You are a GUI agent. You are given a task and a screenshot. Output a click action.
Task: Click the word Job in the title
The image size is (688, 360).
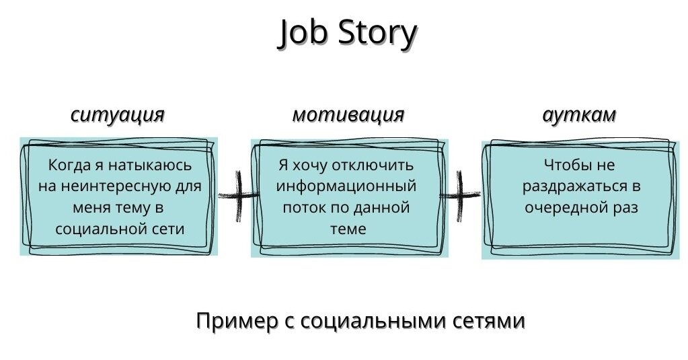coord(303,32)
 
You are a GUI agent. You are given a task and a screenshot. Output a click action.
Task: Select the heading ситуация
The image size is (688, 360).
coord(118,114)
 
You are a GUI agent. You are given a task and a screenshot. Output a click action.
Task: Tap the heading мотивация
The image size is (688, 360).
coord(348,114)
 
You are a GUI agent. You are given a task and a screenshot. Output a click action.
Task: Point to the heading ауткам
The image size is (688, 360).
coord(579,114)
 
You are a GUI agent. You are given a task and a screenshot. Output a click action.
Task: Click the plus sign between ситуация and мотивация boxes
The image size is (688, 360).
coord(238,195)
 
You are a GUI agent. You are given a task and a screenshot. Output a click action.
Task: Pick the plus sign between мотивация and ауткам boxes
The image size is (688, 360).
coord(460,195)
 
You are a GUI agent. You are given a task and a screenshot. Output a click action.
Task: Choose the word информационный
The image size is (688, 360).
coord(346,186)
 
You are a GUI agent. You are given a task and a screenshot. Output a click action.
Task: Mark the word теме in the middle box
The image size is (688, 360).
coord(348,229)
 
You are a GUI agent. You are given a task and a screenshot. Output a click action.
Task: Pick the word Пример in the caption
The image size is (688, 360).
coord(237,321)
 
